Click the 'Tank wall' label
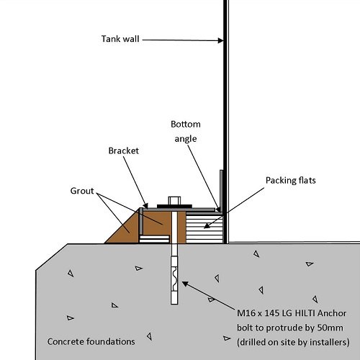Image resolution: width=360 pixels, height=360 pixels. tap(120, 39)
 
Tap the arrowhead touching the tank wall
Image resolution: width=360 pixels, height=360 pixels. tap(220, 40)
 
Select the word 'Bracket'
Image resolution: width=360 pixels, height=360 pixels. tap(124, 150)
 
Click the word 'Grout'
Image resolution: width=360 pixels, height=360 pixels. tap(82, 191)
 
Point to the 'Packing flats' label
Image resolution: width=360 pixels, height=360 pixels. tap(291, 181)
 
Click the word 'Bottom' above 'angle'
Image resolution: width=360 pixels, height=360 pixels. tap(186, 124)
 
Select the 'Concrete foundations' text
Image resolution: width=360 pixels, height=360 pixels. tap(91, 341)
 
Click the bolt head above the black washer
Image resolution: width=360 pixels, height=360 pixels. tap(174, 201)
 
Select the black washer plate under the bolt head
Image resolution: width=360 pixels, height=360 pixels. tap(174, 206)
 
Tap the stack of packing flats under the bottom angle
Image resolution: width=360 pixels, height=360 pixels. tap(204, 229)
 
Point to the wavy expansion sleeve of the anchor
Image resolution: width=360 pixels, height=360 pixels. tap(174, 279)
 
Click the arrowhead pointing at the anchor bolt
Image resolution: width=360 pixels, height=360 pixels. tap(185, 284)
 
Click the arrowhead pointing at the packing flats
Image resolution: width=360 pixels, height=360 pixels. tap(207, 225)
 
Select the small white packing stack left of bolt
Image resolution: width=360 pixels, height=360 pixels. tap(154, 239)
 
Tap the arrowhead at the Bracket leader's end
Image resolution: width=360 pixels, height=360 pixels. tap(145, 206)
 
